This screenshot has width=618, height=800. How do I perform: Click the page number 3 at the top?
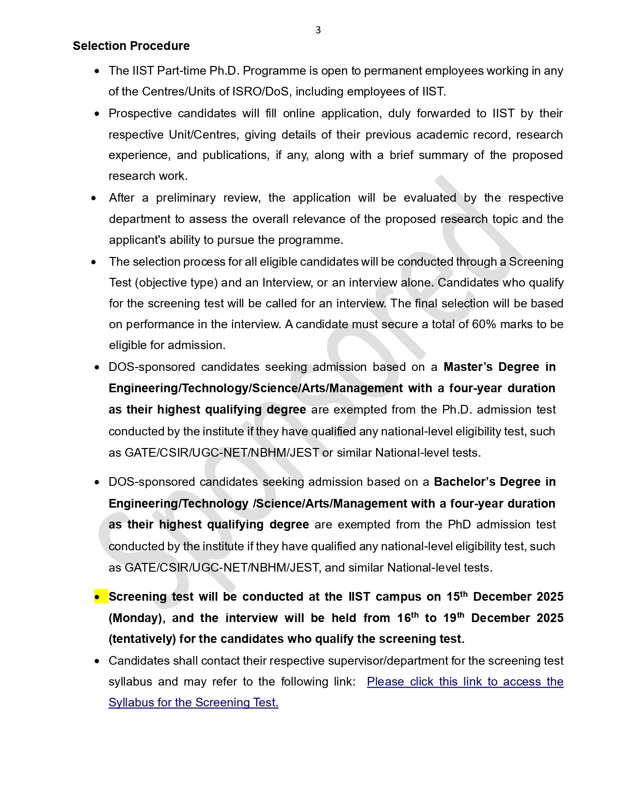(318, 30)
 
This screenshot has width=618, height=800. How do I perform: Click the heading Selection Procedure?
(131, 46)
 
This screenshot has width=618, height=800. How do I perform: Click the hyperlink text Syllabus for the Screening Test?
(193, 703)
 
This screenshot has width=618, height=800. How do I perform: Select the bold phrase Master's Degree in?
(499, 367)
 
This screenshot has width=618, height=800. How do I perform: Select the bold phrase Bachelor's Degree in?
(494, 482)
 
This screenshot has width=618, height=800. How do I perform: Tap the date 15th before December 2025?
(456, 596)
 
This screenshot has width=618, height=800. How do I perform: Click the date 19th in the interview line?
(453, 618)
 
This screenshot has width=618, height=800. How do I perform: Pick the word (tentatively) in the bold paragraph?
(142, 639)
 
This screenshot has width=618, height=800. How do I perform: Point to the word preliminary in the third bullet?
(185, 198)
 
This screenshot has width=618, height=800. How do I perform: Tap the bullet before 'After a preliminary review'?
(94, 198)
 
